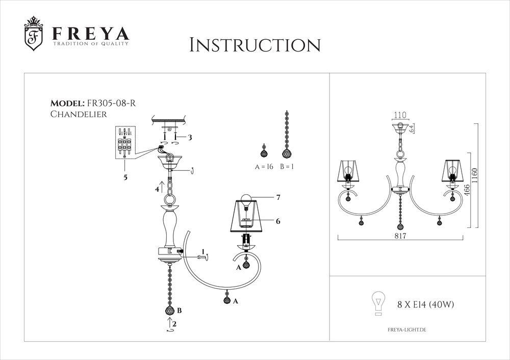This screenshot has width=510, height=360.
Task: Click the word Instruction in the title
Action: pyautogui.click(x=254, y=44)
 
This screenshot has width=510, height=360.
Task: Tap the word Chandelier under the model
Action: pyautogui.click(x=79, y=114)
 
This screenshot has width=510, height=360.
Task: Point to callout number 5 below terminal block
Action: pyautogui.click(x=125, y=177)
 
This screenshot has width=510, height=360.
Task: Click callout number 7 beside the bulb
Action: pyautogui.click(x=278, y=197)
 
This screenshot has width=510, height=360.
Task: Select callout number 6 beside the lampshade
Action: pyautogui.click(x=278, y=221)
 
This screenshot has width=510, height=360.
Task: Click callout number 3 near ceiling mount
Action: pyautogui.click(x=190, y=137)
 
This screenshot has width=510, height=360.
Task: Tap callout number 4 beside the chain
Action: pyautogui.click(x=158, y=189)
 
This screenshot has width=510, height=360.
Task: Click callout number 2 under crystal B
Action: pyautogui.click(x=174, y=323)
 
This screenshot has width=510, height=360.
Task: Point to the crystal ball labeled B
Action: pyautogui.click(x=169, y=311)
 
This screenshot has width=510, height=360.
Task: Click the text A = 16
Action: pyautogui.click(x=264, y=167)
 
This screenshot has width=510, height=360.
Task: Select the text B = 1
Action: pyautogui.click(x=289, y=167)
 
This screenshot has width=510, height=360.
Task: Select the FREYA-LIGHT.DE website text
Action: pyautogui.click(x=403, y=330)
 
